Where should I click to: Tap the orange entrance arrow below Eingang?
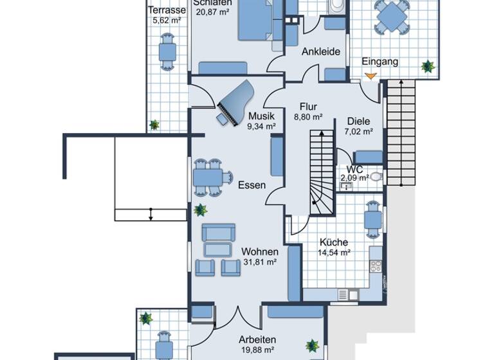pyautogui.click(x=369, y=76)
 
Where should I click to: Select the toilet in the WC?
pyautogui.click(x=376, y=176)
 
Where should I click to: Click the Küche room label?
pyautogui.click(x=333, y=242)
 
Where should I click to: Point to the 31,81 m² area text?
pyautogui.click(x=260, y=262)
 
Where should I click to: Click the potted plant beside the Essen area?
pyautogui.click(x=201, y=210)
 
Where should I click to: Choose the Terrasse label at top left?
pyautogui.click(x=167, y=10)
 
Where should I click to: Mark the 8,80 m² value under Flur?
pyautogui.click(x=307, y=118)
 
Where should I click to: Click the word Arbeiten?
pyautogui.click(x=257, y=339)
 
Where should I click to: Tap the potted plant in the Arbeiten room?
pyautogui.click(x=313, y=345)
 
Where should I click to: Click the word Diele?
pyautogui.click(x=358, y=121)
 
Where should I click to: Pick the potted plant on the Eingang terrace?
pyautogui.click(x=427, y=66)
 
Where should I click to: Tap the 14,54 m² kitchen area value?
pyautogui.click(x=333, y=253)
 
